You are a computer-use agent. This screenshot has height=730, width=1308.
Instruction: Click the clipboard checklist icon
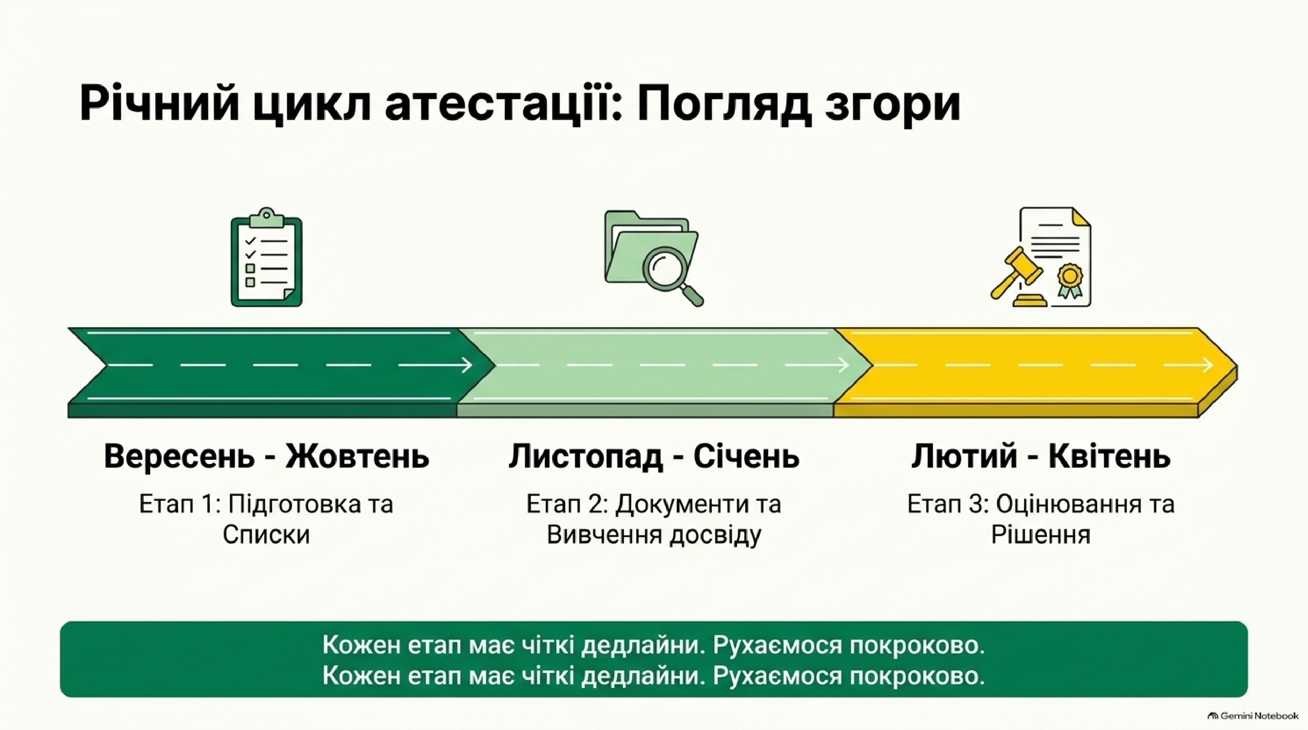pos(267,257)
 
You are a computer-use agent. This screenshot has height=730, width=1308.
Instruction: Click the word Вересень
pos(179,456)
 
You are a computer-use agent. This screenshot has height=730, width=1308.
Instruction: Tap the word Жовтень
pos(357,456)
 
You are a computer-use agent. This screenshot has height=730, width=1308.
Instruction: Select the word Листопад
pos(586,456)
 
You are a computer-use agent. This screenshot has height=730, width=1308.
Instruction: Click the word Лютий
pos(964,456)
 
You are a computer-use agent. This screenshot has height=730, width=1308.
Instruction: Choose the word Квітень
pos(1109,456)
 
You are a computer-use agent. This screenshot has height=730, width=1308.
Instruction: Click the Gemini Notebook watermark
pos(1252,716)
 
